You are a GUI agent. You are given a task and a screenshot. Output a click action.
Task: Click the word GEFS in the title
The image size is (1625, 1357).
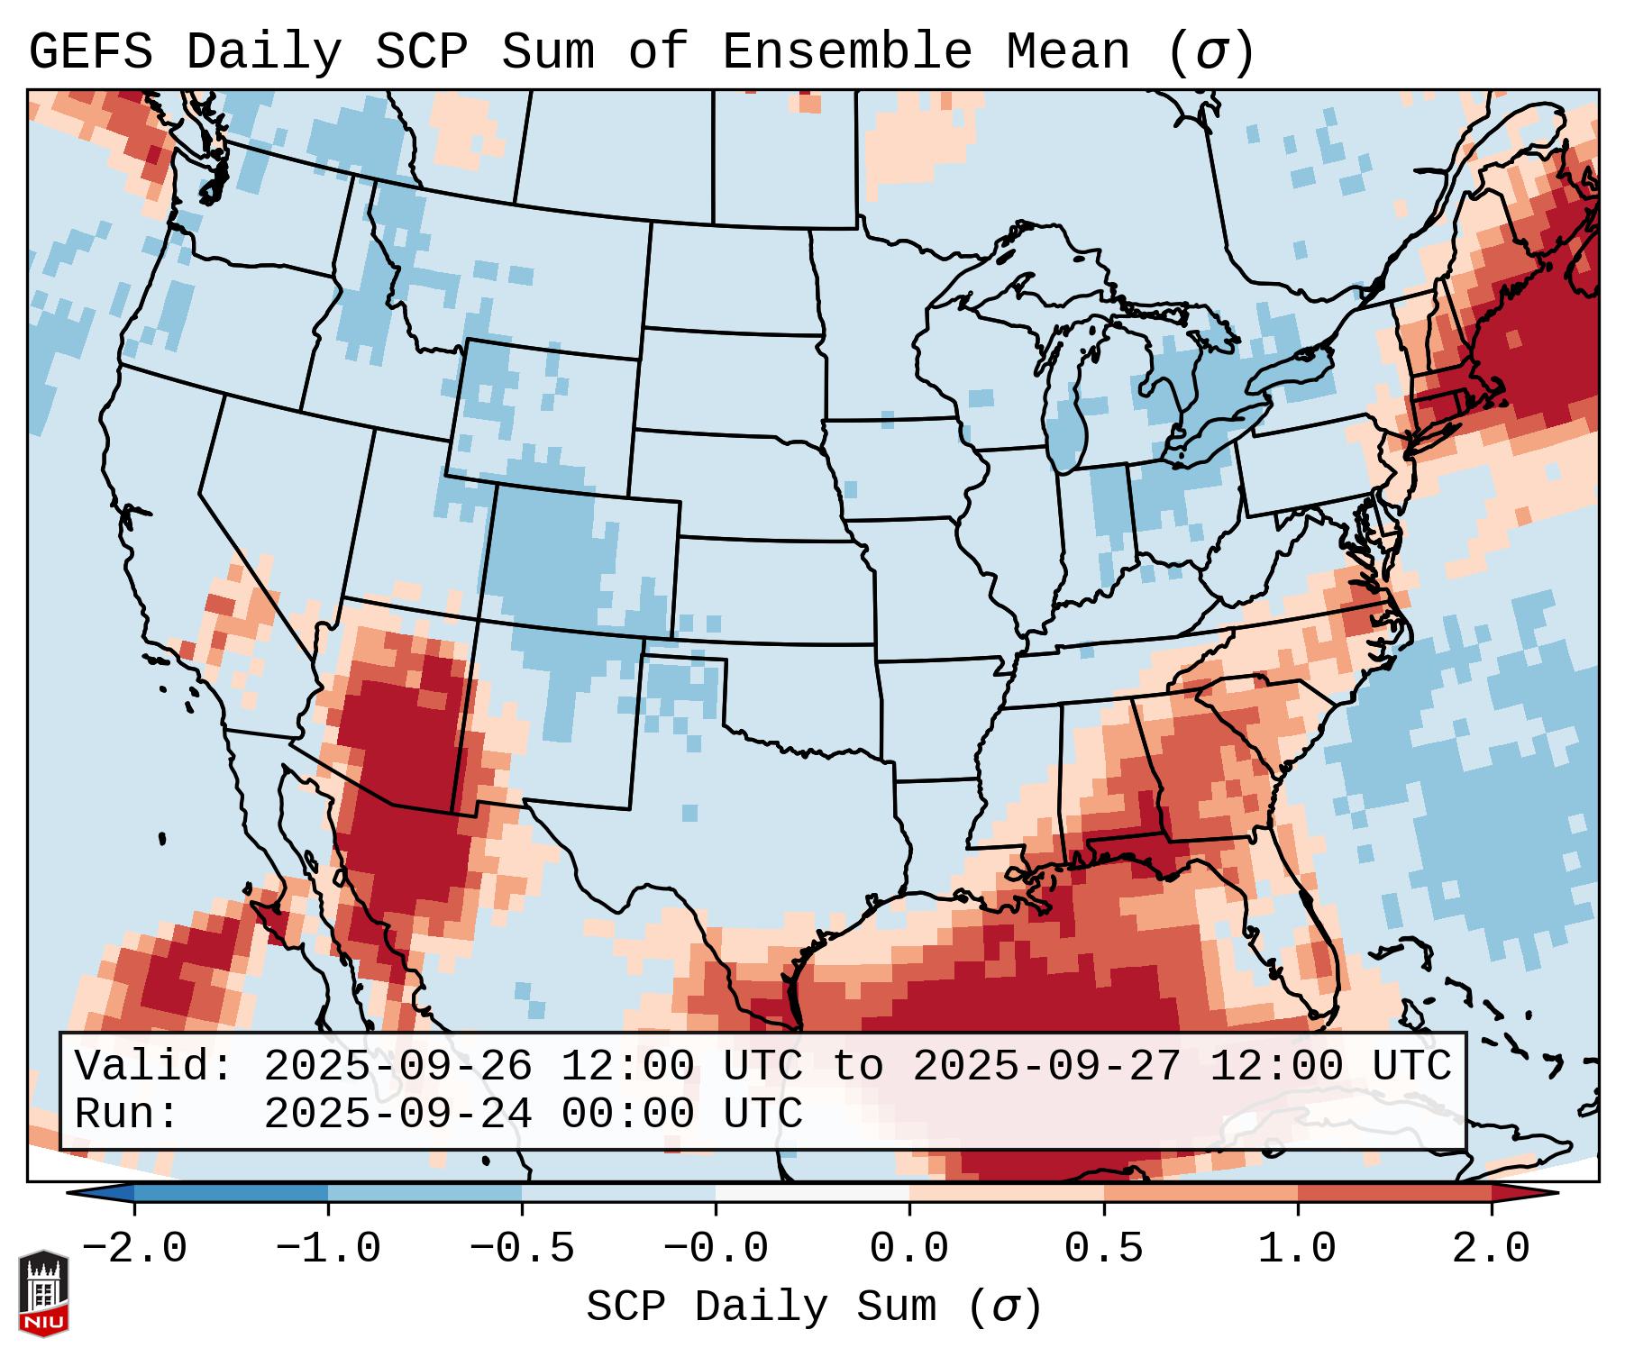pyautogui.click(x=90, y=52)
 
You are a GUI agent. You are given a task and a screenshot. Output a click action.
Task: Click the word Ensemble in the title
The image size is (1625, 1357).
pyautogui.click(x=846, y=52)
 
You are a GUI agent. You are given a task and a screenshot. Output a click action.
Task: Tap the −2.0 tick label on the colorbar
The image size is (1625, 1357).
pyautogui.click(x=134, y=1249)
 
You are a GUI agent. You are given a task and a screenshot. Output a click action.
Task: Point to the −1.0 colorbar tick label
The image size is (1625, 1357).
pyautogui.click(x=328, y=1249)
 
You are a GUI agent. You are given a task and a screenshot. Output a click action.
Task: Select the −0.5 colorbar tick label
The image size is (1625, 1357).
pyautogui.click(x=522, y=1249)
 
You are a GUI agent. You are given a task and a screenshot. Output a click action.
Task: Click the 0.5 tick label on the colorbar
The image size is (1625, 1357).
pyautogui.click(x=1104, y=1249)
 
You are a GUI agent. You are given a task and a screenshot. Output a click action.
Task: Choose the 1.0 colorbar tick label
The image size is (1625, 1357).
pyautogui.click(x=1298, y=1249)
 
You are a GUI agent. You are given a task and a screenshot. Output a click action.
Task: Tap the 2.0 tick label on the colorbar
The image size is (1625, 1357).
pyautogui.click(x=1492, y=1249)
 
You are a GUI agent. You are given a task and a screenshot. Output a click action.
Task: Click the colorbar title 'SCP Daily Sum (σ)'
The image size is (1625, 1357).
pyautogui.click(x=814, y=1307)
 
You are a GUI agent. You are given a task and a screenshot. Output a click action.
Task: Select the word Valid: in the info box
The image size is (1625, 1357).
pyautogui.click(x=154, y=1066)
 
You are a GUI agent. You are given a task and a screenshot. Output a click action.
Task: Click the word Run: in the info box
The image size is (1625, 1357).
pyautogui.click(x=127, y=1114)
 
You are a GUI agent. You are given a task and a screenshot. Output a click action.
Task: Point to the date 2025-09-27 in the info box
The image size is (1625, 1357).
pyautogui.click(x=1046, y=1066)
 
